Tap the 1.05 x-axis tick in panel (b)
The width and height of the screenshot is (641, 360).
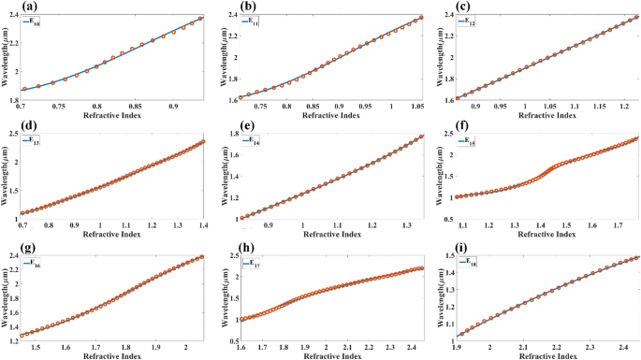point(417,108)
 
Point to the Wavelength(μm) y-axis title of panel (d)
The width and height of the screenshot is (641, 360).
point(7,178)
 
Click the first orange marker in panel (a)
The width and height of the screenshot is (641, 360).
point(24,90)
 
